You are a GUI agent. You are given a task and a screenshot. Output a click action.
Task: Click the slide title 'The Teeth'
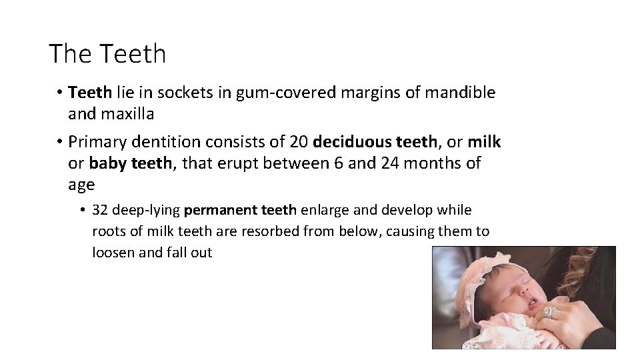click(107, 54)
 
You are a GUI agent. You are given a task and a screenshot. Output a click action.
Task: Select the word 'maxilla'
click(127, 114)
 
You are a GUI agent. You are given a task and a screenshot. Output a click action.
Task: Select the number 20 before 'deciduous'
click(299, 142)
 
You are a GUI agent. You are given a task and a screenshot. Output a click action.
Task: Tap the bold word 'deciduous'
click(352, 142)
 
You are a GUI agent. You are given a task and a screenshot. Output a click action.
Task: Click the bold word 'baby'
click(107, 163)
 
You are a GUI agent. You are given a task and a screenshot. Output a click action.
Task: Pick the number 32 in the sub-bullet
click(101, 211)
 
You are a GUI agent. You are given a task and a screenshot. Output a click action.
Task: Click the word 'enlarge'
click(324, 211)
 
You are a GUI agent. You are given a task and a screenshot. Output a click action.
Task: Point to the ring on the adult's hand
click(548, 311)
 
